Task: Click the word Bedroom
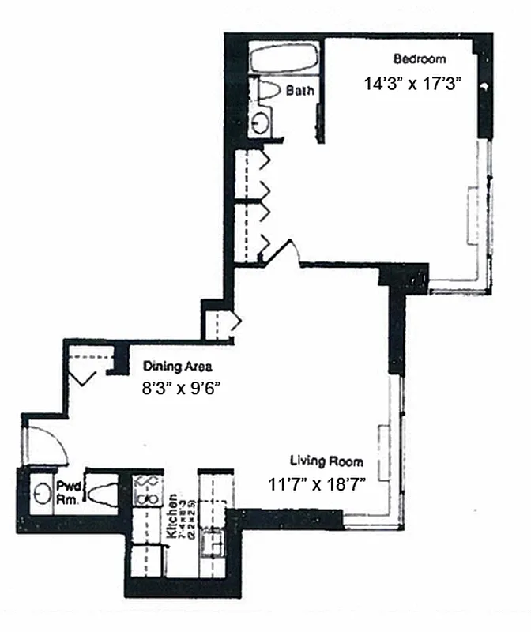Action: coord(420,59)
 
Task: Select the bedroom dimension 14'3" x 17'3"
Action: coord(412,82)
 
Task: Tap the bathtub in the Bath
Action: coord(284,59)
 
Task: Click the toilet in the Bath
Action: coord(269,90)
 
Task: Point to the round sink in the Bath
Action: coord(260,122)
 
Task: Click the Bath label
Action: coord(299,91)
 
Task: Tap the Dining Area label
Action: coord(177,367)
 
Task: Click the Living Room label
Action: coord(326,461)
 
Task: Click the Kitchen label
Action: coord(171,518)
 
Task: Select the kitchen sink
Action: coord(213,543)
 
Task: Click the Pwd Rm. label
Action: coord(66,493)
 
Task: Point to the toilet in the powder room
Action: coord(101,495)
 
